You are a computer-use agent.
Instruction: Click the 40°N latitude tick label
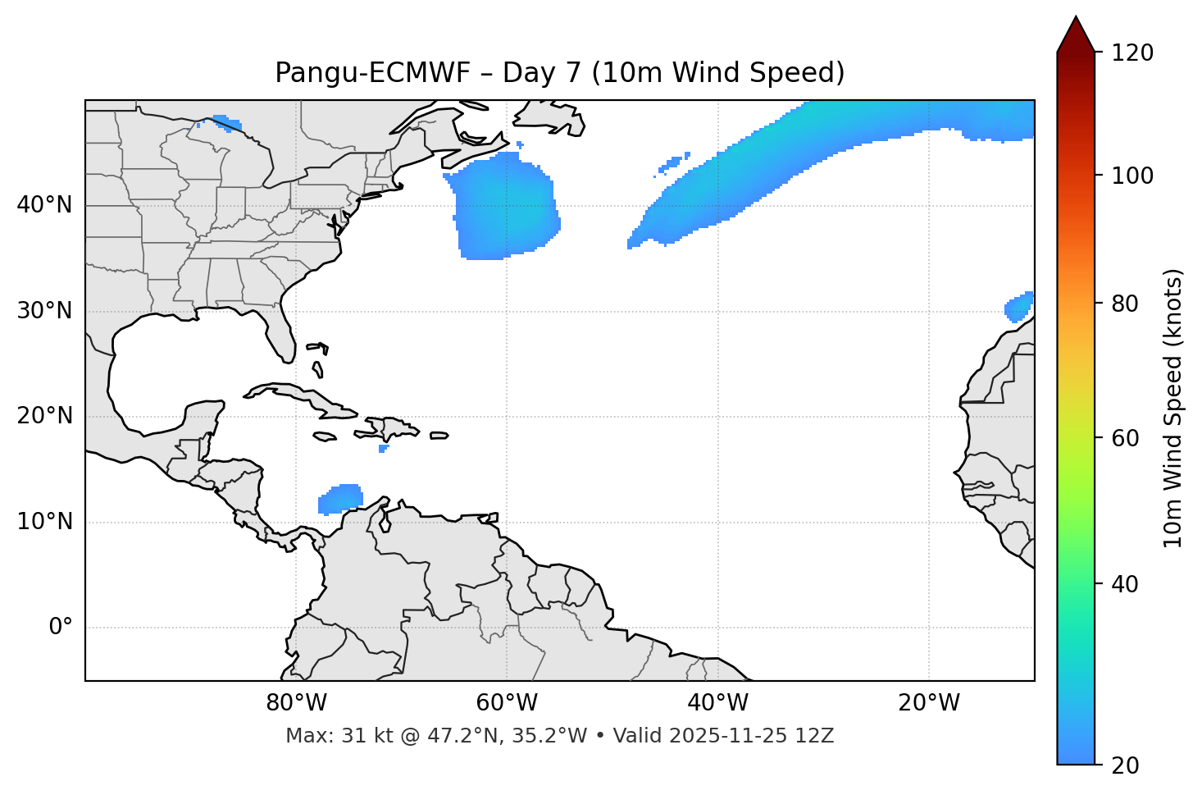pos(44,205)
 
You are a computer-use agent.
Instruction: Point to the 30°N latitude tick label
pos(44,311)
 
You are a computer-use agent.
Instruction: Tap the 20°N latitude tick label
pos(44,416)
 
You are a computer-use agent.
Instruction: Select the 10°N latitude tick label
pos(44,522)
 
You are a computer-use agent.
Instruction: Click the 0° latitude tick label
pos(61,628)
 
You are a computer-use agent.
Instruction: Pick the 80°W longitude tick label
pos(296,703)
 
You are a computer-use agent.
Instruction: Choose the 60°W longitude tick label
pos(507,703)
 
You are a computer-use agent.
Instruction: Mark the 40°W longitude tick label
pos(717,703)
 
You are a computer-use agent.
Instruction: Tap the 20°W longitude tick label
pos(928,703)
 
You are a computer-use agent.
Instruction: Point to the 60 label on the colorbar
pos(1125,438)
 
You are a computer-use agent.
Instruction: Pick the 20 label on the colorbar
pos(1125,765)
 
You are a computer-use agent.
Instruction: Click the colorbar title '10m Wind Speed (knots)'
pos(1173,408)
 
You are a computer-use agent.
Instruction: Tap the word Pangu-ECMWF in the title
pos(372,73)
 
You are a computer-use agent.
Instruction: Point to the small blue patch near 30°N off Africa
pos(1019,307)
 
